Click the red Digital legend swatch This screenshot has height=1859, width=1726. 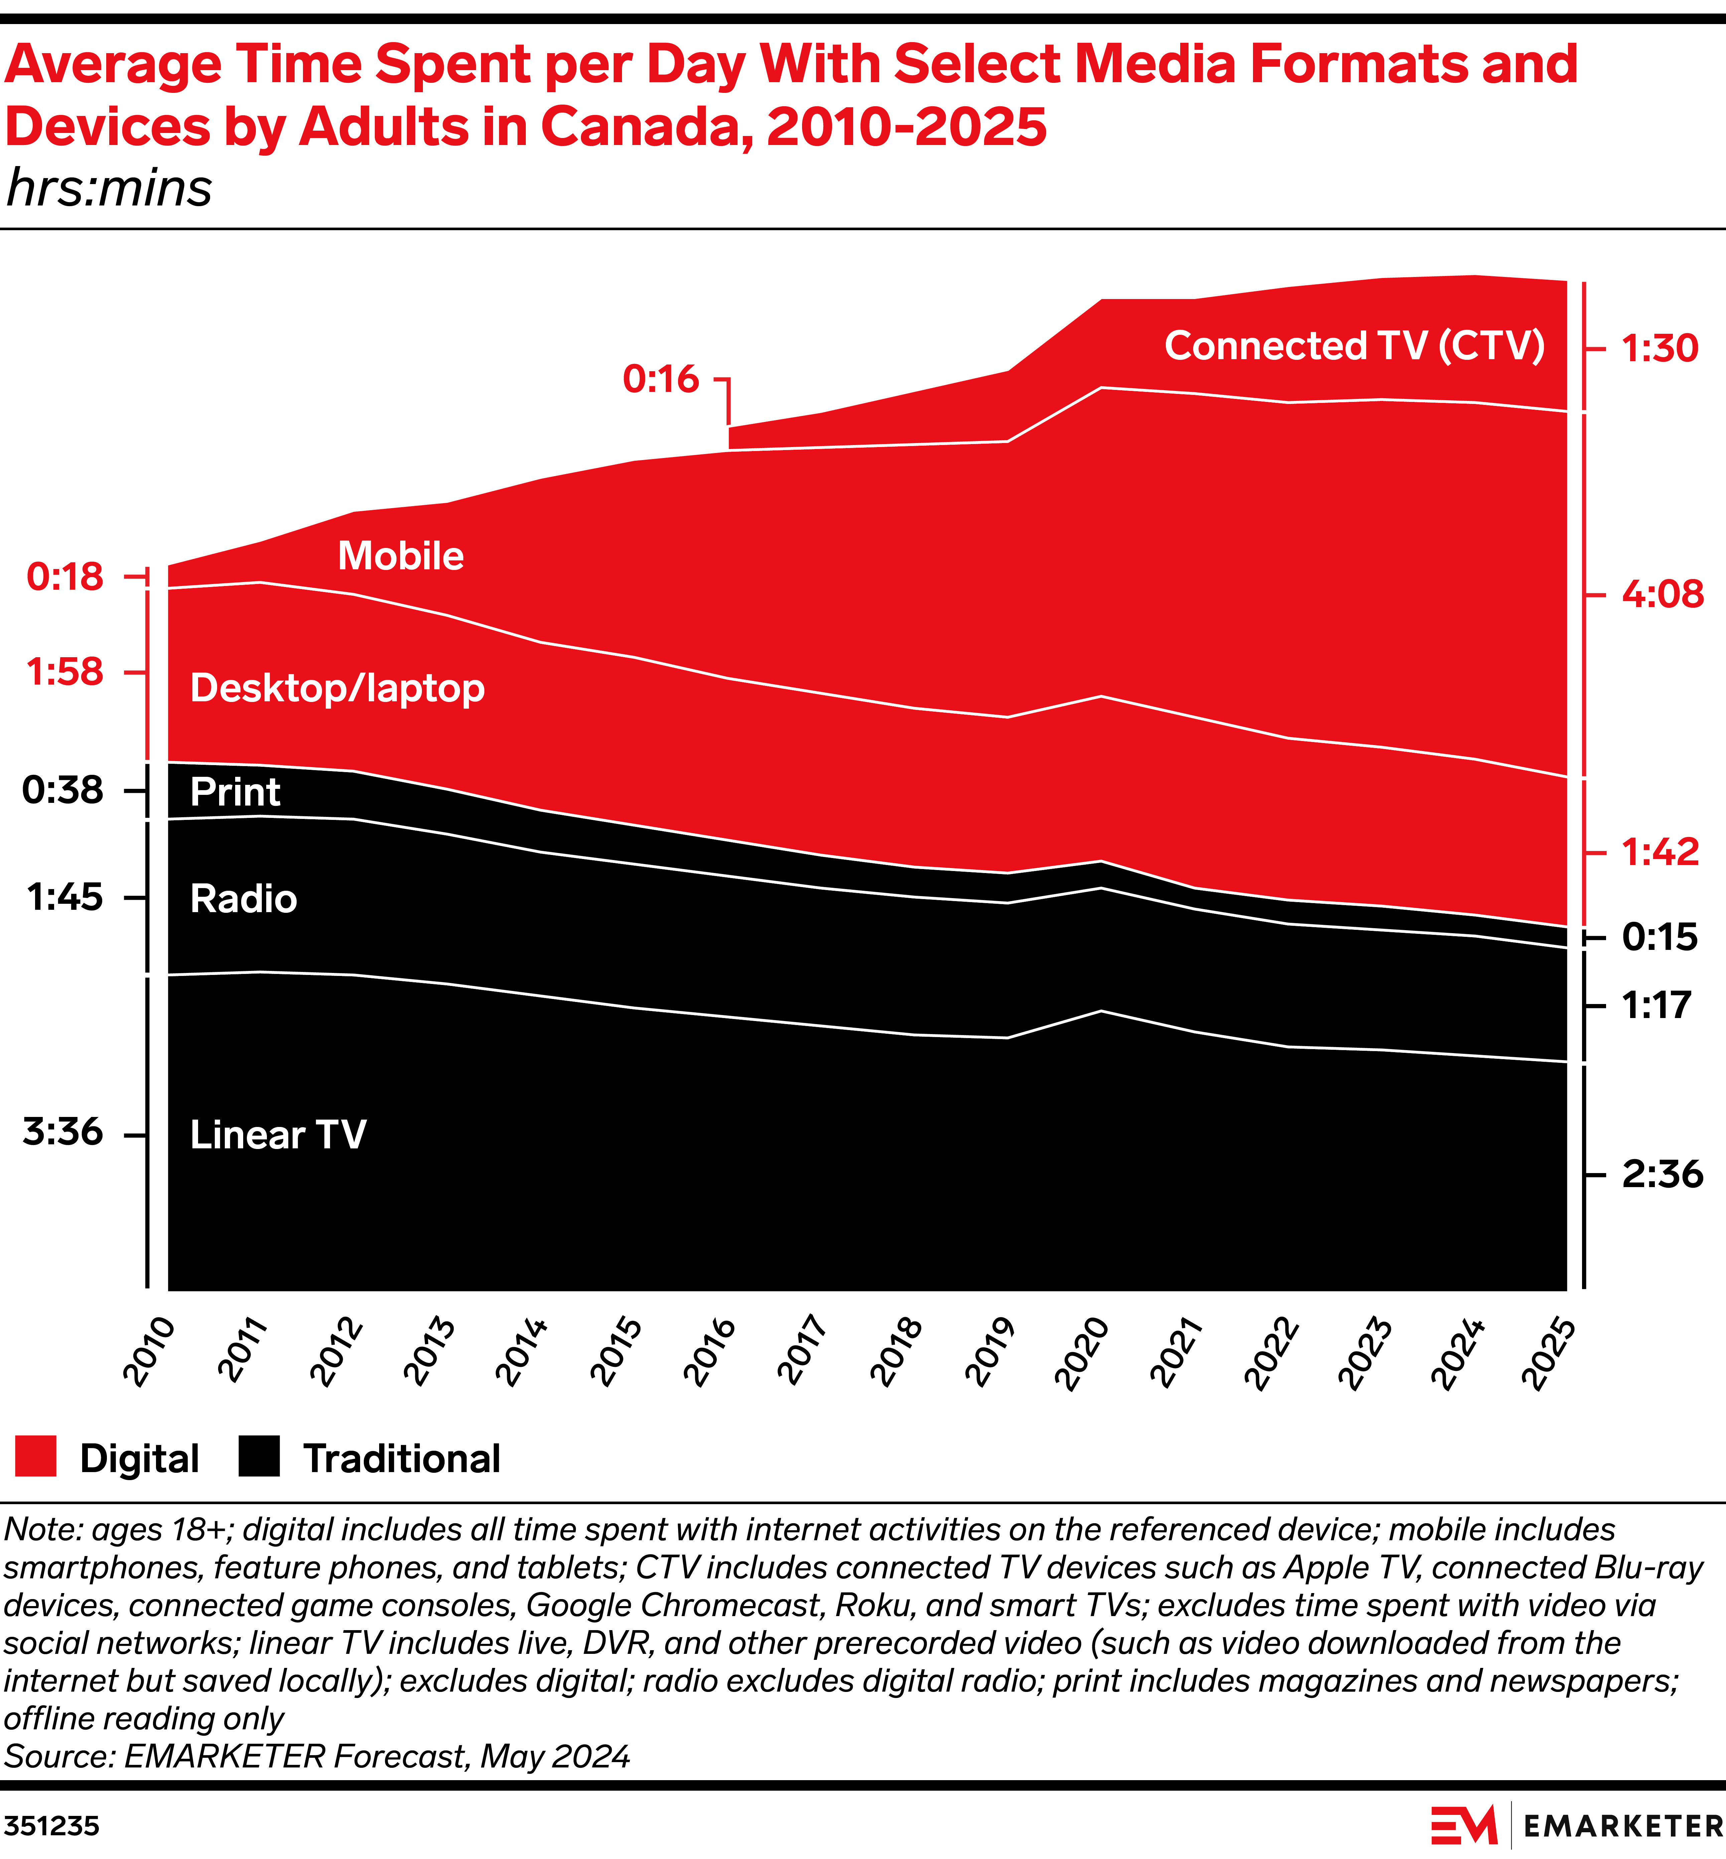[x=35, y=1457]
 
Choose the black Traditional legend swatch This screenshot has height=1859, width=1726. [x=259, y=1457]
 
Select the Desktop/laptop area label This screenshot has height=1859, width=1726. [x=337, y=689]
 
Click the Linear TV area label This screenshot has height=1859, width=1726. [x=278, y=1135]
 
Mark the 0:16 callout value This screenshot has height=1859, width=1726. [x=660, y=379]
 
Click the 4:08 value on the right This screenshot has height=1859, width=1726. [x=1663, y=594]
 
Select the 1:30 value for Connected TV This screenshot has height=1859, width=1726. [x=1660, y=348]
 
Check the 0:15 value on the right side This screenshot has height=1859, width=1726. [x=1660, y=937]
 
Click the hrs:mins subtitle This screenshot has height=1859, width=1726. [x=109, y=189]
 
